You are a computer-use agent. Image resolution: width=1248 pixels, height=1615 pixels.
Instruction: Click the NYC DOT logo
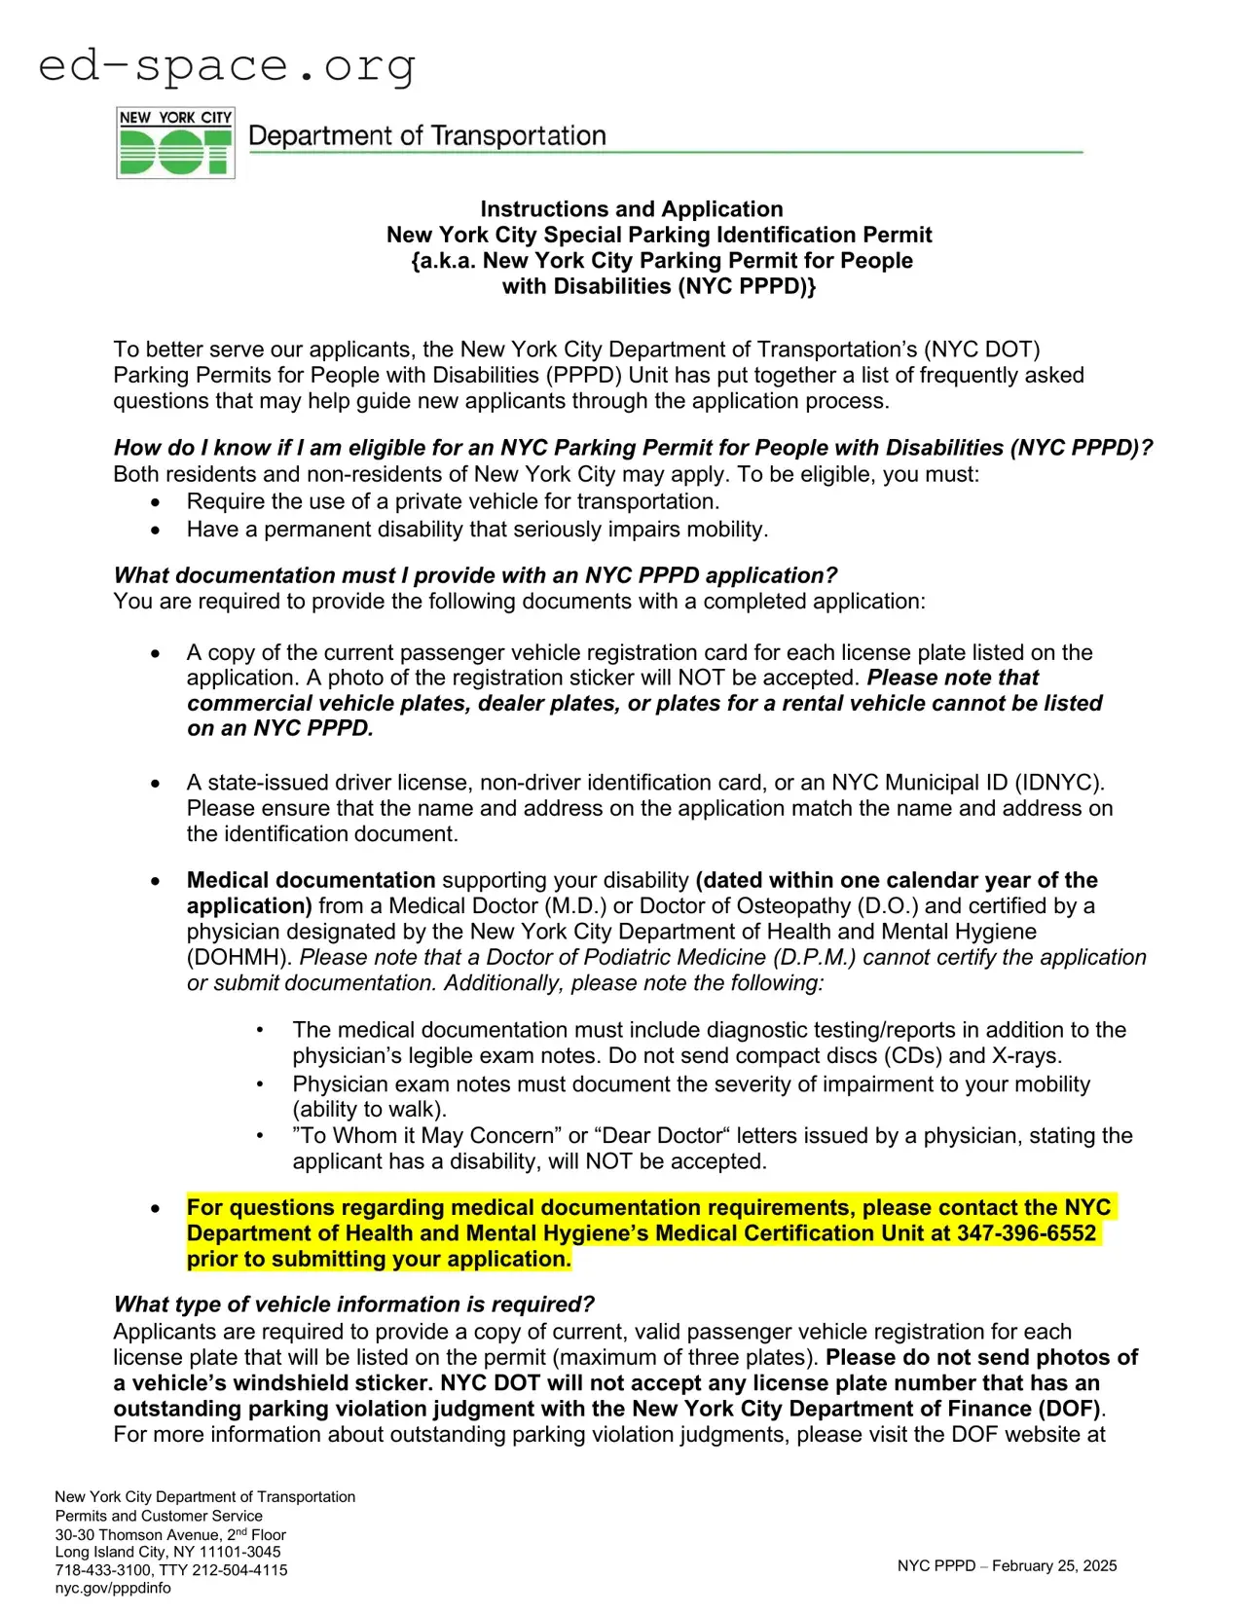click(x=175, y=143)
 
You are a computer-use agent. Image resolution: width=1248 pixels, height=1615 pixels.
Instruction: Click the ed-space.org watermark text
click(x=227, y=65)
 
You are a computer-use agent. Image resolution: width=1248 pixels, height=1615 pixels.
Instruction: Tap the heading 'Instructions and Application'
click(x=631, y=209)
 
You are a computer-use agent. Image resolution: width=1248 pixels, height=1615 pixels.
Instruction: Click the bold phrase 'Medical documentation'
click(x=311, y=880)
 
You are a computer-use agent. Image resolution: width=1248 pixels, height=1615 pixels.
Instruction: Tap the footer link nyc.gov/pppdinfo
click(x=113, y=1588)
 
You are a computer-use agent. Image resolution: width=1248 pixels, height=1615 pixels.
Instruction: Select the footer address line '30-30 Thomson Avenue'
click(x=137, y=1534)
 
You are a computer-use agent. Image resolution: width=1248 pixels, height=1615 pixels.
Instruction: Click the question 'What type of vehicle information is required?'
click(x=353, y=1304)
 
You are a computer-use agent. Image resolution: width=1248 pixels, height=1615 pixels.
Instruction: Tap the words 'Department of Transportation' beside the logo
click(x=427, y=136)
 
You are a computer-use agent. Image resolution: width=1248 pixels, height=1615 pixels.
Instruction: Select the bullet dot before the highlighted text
click(x=156, y=1208)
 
